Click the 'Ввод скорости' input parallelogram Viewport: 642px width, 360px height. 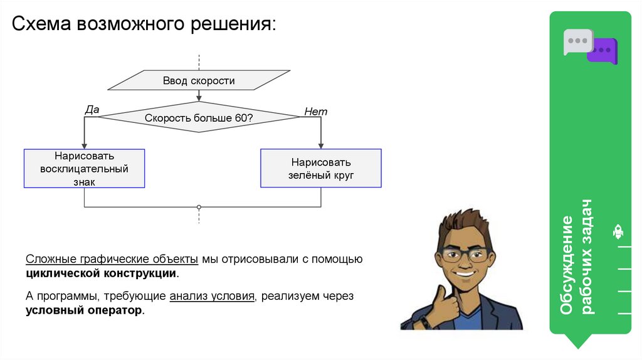(x=199, y=80)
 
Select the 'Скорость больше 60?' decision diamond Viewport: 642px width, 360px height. (x=199, y=117)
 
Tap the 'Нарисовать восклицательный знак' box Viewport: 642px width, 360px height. (x=84, y=168)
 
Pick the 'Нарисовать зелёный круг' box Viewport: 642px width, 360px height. (x=321, y=168)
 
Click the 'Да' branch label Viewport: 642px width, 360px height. (x=92, y=110)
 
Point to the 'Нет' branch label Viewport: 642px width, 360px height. (x=315, y=112)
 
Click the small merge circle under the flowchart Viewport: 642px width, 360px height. (x=199, y=207)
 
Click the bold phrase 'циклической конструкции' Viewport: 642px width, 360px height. (x=102, y=274)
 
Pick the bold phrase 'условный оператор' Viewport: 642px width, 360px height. (x=84, y=310)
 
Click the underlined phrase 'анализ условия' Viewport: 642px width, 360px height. (x=212, y=296)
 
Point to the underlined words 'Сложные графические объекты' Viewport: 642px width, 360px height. (x=112, y=260)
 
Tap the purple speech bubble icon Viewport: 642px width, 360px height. (x=603, y=50)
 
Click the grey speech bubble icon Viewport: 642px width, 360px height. (x=577, y=41)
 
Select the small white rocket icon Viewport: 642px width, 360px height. (x=618, y=232)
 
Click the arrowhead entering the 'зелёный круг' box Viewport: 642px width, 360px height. (x=321, y=146)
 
